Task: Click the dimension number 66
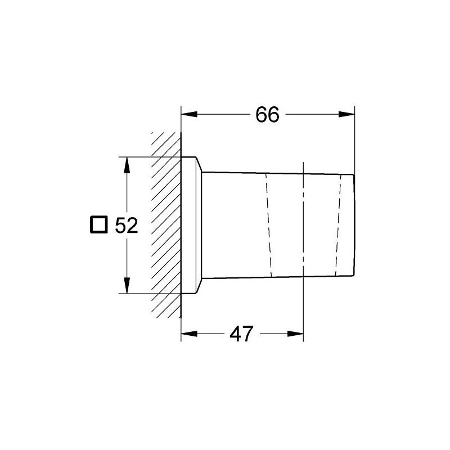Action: coord(267,115)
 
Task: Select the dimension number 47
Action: coord(241,334)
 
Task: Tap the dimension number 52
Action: coord(126,225)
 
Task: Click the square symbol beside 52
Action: coord(99,224)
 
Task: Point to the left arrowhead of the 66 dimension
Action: coord(189,114)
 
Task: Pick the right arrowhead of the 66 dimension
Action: coord(346,114)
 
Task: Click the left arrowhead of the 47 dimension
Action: coord(189,334)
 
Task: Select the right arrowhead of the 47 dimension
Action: coord(295,334)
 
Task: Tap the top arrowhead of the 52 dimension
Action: coord(127,165)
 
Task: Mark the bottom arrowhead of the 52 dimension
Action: coord(127,286)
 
